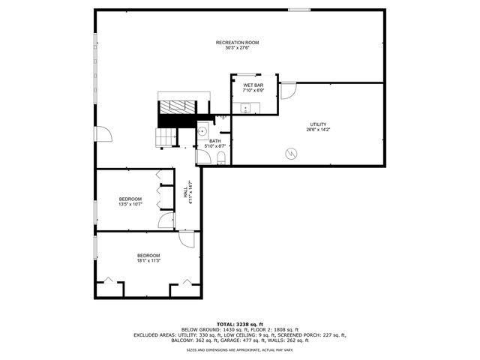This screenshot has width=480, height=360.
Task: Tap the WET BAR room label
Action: point(253,85)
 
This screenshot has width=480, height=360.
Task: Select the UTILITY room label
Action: point(319,124)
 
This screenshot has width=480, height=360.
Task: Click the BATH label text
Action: point(215,141)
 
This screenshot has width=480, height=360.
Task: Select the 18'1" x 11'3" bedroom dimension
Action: point(148,261)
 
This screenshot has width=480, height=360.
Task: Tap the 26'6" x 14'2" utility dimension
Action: point(319,129)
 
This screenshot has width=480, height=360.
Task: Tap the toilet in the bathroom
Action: point(222,157)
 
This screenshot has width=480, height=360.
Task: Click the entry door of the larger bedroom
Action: point(187,238)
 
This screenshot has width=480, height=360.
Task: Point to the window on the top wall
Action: point(299,10)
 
